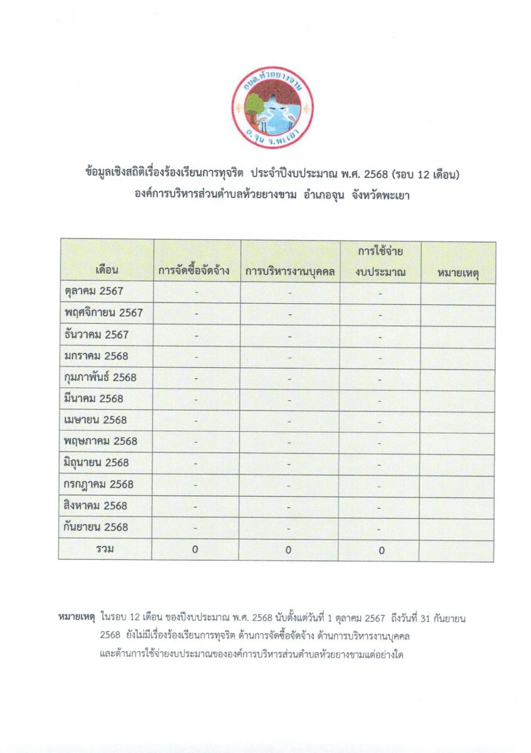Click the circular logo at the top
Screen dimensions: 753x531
[x=272, y=107]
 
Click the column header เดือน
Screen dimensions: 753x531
[x=107, y=272]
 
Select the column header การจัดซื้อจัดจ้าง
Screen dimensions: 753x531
[x=197, y=272]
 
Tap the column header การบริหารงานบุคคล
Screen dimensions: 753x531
[x=290, y=272]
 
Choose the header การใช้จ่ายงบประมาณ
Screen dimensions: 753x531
[x=380, y=262]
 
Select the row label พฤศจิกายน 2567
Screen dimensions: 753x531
[x=104, y=312]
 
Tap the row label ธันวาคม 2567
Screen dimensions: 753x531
[x=96, y=334]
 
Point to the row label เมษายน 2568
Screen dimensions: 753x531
[x=95, y=420]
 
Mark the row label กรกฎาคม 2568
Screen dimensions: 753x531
[x=99, y=484]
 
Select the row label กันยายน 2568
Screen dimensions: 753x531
[x=96, y=526]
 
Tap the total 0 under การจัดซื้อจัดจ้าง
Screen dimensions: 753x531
[x=195, y=549]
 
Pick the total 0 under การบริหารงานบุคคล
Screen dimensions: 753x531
[x=289, y=550]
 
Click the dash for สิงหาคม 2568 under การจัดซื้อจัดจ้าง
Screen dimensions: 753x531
[x=196, y=506]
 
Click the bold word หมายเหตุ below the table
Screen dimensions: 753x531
[x=75, y=618]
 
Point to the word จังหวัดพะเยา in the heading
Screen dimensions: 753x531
[x=383, y=195]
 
